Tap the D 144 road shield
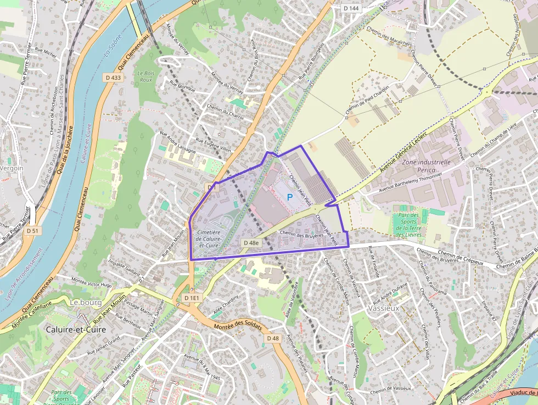coord(351,8)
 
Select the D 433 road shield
coord(114,78)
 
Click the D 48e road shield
coord(250,242)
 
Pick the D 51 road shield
coord(32,231)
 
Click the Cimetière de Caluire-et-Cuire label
coord(208,238)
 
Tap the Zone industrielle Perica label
coord(426,167)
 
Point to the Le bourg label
coord(83,302)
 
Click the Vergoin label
coord(12,168)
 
